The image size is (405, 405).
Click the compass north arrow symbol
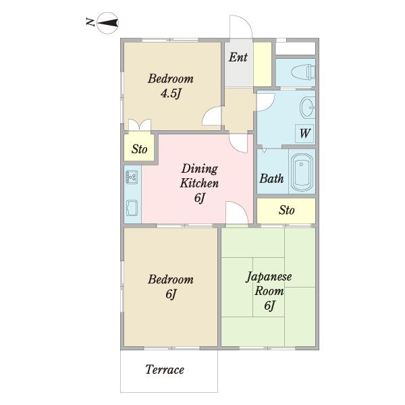pyautogui.click(x=108, y=23)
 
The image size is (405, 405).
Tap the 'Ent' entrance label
pyautogui.click(x=238, y=57)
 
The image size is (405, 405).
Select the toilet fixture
pyautogui.click(x=303, y=72)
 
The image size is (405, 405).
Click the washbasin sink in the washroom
pyautogui.click(x=307, y=107)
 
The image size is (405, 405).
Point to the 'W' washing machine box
pyautogui.click(x=304, y=134)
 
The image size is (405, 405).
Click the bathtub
pyautogui.click(x=302, y=171)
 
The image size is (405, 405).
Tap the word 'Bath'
pyautogui.click(x=271, y=178)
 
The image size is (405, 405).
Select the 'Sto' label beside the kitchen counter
pyautogui.click(x=140, y=149)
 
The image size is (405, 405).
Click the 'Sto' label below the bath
pyautogui.click(x=286, y=210)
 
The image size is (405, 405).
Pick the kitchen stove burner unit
pyautogui.click(x=132, y=177)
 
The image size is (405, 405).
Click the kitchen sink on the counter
pyautogui.click(x=132, y=208)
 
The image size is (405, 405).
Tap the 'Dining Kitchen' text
pyautogui.click(x=199, y=176)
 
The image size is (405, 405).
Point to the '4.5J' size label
pyautogui.click(x=171, y=93)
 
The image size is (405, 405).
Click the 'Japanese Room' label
pyautogui.click(x=269, y=284)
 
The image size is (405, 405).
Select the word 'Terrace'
pyautogui.click(x=165, y=370)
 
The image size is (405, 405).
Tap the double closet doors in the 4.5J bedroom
pyautogui.click(x=140, y=125)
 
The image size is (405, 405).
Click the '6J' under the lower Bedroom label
pyautogui.click(x=171, y=294)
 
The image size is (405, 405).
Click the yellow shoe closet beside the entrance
pyautogui.click(x=263, y=64)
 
